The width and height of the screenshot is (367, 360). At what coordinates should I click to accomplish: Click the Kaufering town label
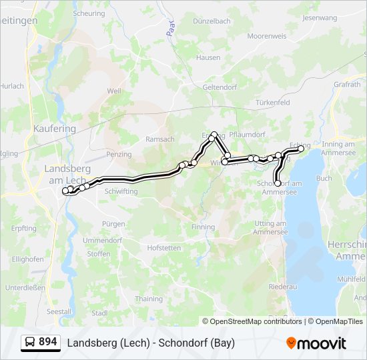point(55,128)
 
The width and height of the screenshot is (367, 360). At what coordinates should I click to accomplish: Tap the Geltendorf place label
point(220,86)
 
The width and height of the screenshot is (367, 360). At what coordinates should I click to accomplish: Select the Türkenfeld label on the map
point(272,103)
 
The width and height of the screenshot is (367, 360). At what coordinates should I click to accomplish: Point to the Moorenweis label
point(266,35)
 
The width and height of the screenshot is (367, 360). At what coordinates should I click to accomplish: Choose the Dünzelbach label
point(212,21)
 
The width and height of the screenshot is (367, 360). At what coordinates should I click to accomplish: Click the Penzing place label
point(119,154)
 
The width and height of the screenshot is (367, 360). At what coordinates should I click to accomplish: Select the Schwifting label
point(121,191)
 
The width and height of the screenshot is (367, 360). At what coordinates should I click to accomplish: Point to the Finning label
point(203,227)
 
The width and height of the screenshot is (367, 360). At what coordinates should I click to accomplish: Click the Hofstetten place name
point(164,248)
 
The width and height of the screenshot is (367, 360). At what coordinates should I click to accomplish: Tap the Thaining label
point(148,299)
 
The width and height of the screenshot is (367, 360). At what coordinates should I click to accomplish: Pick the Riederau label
point(282,286)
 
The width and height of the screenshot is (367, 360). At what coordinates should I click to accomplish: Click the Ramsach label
point(159,139)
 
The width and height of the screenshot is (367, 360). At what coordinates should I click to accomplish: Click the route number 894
point(48,342)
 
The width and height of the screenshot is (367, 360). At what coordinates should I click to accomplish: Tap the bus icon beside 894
point(30,343)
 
